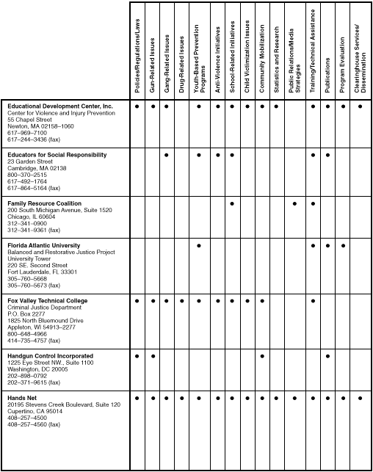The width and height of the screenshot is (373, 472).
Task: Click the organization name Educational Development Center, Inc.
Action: point(60,106)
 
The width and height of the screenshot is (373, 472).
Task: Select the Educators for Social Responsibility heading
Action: point(57,155)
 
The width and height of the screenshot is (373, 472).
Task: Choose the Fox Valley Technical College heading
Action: point(47,300)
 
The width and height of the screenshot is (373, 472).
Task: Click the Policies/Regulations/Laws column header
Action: point(137,56)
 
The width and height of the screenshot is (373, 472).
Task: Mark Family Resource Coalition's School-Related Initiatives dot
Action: point(231,203)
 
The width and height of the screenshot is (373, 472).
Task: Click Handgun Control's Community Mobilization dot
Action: point(262,356)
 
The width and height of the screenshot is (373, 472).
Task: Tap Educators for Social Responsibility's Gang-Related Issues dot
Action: point(168,155)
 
